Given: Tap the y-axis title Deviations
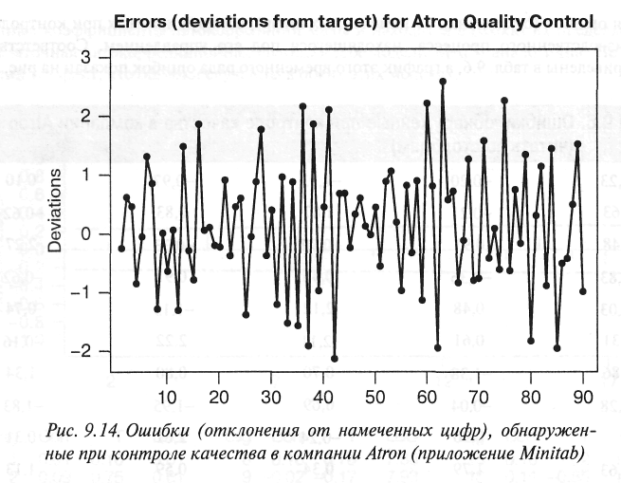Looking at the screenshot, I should pyautogui.click(x=57, y=211).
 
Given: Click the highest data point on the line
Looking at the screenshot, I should pyautogui.click(x=443, y=82).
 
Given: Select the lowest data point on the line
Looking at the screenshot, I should pyautogui.click(x=334, y=359).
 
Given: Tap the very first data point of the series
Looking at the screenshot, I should pyautogui.click(x=121, y=248).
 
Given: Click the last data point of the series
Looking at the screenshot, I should pyautogui.click(x=582, y=290).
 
